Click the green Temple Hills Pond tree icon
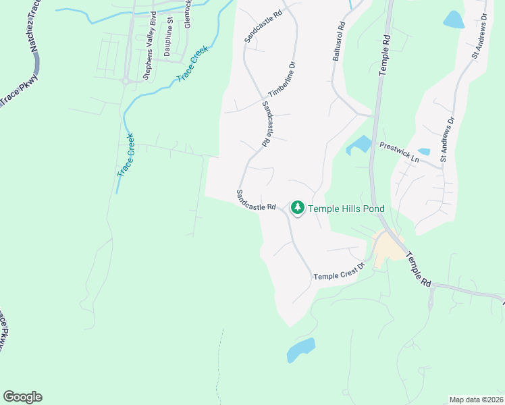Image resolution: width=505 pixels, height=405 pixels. tap(297, 209)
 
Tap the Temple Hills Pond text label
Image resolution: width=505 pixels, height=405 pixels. tap(346, 209)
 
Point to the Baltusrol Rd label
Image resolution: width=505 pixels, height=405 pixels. tap(338, 42)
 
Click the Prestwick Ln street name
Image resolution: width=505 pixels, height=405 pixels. tap(399, 153)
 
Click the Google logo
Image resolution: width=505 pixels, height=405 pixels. tap(22, 397)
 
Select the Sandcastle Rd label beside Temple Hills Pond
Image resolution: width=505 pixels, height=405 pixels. tap(257, 200)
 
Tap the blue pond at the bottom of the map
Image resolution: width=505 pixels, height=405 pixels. tap(300, 350)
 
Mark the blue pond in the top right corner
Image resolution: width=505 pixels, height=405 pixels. tap(454, 20)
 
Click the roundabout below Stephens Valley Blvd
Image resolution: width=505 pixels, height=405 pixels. tap(125, 81)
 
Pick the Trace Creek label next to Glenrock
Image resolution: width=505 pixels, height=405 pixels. tap(194, 64)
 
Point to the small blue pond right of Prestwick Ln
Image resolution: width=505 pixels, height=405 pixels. tap(424, 152)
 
